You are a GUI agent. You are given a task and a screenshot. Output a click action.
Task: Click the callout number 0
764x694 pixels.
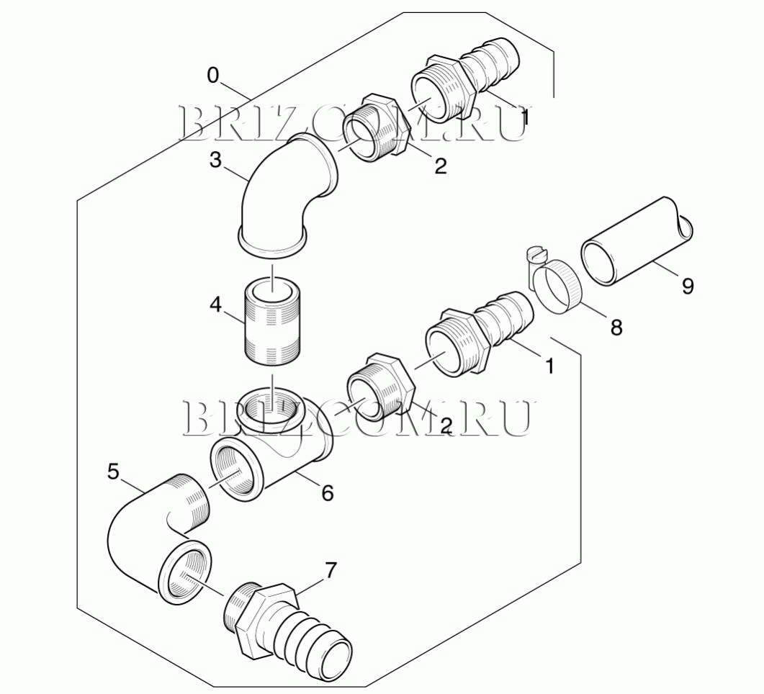click(213, 76)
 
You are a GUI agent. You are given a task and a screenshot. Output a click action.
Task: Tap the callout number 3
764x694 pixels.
click(215, 160)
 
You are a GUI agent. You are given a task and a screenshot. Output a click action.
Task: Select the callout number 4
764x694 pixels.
click(215, 305)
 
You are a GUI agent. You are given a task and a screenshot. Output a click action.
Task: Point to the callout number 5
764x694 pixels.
click(113, 472)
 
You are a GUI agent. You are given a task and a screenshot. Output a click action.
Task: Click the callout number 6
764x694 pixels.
click(328, 493)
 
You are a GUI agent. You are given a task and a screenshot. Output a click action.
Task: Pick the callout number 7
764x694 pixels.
click(331, 570)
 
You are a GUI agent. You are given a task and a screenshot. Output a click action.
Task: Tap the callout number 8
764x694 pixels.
click(616, 328)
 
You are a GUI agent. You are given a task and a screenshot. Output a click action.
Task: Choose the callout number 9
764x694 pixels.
click(688, 286)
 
